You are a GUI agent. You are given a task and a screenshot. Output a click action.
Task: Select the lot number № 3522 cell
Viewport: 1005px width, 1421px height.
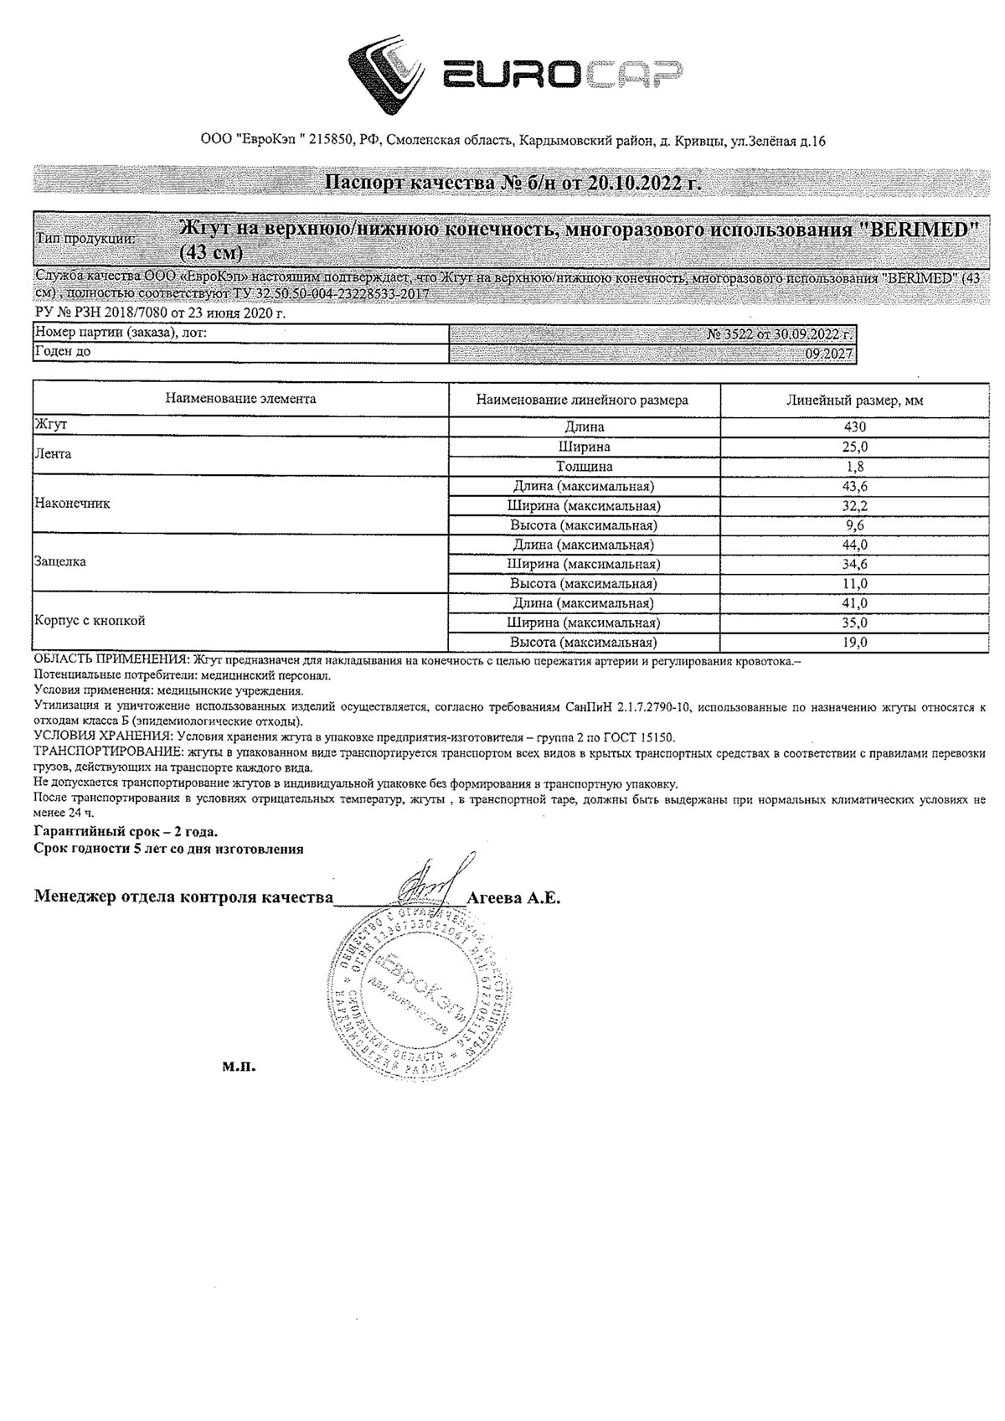(x=781, y=334)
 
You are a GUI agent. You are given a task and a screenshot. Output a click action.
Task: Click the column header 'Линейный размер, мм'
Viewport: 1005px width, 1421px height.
(x=854, y=400)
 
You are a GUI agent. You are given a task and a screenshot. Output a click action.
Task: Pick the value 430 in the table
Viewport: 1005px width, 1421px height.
(x=854, y=427)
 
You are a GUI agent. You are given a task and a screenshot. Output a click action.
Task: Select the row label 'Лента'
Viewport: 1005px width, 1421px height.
(x=53, y=454)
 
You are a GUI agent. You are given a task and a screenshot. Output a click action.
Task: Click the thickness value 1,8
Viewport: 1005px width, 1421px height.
(x=854, y=467)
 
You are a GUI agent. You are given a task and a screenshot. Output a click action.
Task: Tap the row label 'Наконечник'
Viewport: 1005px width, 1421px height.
(x=72, y=504)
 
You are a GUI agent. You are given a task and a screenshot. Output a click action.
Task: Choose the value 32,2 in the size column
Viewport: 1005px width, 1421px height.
(x=854, y=506)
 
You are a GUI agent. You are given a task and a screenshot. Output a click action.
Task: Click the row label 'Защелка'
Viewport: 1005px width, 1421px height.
(x=59, y=562)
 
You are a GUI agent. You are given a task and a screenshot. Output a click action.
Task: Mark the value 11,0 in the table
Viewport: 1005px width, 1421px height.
(x=854, y=584)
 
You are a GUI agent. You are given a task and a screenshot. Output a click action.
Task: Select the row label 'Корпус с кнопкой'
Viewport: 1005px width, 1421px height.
(x=90, y=621)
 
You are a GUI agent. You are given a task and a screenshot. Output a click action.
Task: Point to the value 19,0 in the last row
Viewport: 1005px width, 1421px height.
(x=854, y=643)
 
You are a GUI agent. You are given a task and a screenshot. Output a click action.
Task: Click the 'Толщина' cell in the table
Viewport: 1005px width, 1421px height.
(x=584, y=467)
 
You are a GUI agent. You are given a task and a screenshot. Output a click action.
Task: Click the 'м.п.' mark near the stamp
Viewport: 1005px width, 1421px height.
(x=238, y=1067)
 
